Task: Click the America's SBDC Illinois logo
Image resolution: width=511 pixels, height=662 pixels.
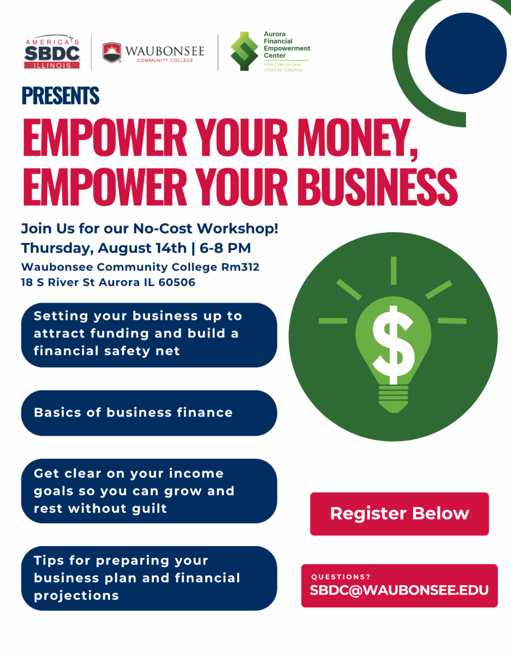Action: pyautogui.click(x=52, y=52)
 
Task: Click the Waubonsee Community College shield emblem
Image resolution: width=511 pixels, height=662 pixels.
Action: pyautogui.click(x=112, y=52)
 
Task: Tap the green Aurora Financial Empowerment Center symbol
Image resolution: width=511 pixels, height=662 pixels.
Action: pyautogui.click(x=244, y=52)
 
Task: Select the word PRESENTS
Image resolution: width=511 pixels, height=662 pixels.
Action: pyautogui.click(x=60, y=96)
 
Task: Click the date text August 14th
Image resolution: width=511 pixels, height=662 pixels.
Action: pyautogui.click(x=142, y=248)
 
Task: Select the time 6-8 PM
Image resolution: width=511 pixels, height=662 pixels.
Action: pyautogui.click(x=225, y=248)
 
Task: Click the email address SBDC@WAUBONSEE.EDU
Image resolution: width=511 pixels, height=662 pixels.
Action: pyautogui.click(x=399, y=590)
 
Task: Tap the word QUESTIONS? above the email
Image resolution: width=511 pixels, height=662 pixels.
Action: pyautogui.click(x=341, y=577)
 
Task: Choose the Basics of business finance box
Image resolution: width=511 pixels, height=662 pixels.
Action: pyautogui.click(x=149, y=413)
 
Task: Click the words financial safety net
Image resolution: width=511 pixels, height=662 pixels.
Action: pyautogui.click(x=106, y=351)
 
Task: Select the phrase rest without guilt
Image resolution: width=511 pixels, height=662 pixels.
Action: pyautogui.click(x=100, y=509)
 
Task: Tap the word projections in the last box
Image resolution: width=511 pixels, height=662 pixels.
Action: pyautogui.click(x=76, y=596)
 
